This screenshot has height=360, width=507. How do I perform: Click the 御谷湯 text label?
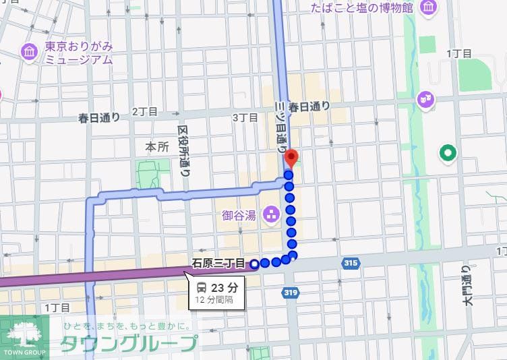(239, 216)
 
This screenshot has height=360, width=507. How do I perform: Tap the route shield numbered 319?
(291, 292)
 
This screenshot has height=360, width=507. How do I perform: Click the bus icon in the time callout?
(202, 287)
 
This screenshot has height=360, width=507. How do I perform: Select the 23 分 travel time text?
(223, 287)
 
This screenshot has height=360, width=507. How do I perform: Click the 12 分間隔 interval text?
(214, 299)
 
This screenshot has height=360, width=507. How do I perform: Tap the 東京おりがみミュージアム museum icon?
(28, 51)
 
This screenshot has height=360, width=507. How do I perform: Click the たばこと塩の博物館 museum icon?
(427, 8)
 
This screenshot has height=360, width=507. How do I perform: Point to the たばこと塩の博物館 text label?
(361, 8)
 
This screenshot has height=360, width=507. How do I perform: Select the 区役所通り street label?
(184, 150)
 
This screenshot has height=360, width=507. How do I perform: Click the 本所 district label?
(157, 147)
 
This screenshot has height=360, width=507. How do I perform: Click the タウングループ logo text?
(129, 344)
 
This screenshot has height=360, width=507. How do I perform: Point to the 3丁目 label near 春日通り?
(245, 117)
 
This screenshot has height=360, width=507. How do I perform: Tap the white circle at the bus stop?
(254, 264)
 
